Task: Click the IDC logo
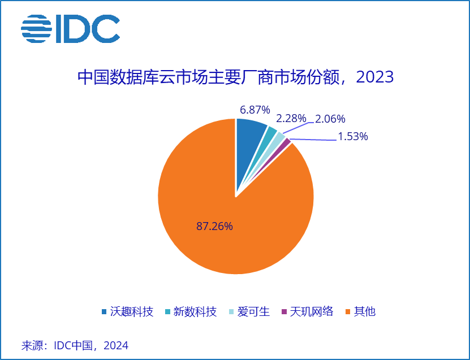pos(71,28)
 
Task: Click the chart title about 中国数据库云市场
pos(235,77)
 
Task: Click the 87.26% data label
pos(214,226)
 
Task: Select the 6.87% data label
pos(255,110)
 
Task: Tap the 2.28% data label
pos(291,119)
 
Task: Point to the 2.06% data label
pos(330,119)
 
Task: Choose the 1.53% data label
pos(352,136)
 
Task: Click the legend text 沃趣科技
pos(132,311)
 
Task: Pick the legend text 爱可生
pos(253,311)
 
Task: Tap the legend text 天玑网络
pos(312,311)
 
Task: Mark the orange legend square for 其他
pos(347,312)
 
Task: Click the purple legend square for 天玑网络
pos(284,312)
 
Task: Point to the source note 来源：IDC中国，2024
pos(75,345)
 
